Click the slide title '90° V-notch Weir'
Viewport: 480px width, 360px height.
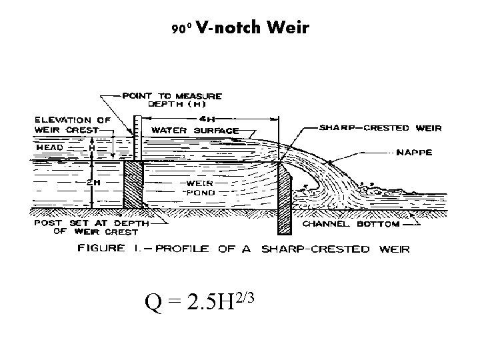pyautogui.click(x=240, y=28)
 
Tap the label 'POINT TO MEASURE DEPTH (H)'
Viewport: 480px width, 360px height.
pyautogui.click(x=173, y=100)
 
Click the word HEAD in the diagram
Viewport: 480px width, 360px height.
pyautogui.click(x=49, y=147)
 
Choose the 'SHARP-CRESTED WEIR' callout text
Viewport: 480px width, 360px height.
pyautogui.click(x=381, y=127)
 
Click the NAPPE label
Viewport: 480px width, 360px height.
pyautogui.click(x=414, y=152)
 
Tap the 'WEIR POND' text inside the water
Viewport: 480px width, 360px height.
pyautogui.click(x=200, y=187)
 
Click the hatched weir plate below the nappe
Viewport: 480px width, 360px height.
pyautogui.click(x=284, y=200)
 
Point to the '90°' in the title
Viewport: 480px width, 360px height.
pyautogui.click(x=181, y=29)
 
